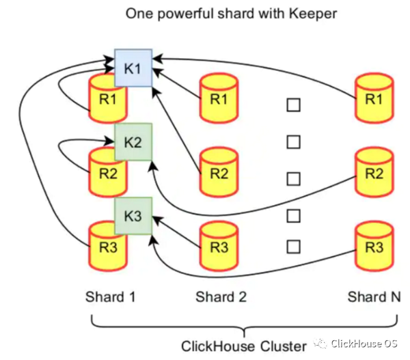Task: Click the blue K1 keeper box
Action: (x=132, y=68)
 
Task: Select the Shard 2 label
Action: (x=220, y=296)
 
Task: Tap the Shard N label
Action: (x=374, y=296)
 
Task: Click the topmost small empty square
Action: (x=293, y=105)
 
